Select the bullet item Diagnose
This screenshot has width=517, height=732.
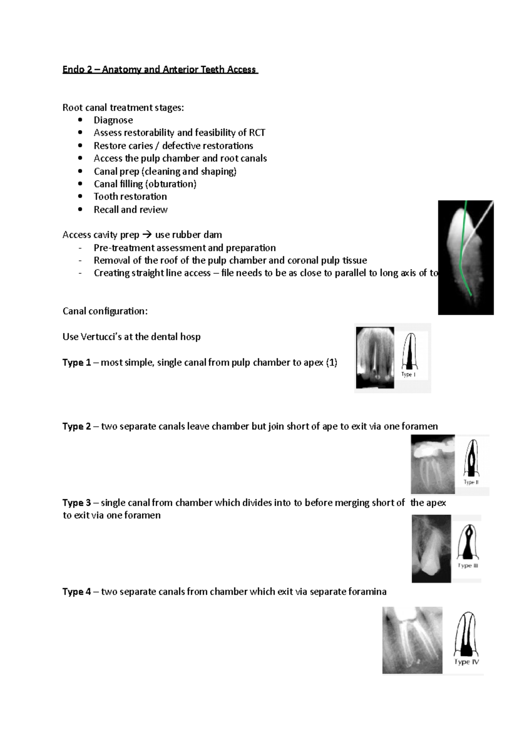pyautogui.click(x=113, y=120)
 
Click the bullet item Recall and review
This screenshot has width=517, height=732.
pyautogui.click(x=131, y=210)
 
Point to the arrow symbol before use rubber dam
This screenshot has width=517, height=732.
pyautogui.click(x=146, y=235)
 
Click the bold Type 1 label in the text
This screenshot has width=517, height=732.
pyautogui.click(x=77, y=363)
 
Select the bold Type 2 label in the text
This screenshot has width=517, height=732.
pyautogui.click(x=77, y=426)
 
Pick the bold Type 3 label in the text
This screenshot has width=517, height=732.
pyautogui.click(x=77, y=503)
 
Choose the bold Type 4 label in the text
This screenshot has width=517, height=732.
pyautogui.click(x=77, y=591)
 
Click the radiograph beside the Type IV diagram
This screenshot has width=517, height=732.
pyautogui.click(x=412, y=640)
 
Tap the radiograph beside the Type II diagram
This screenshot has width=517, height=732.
pyautogui.click(x=433, y=465)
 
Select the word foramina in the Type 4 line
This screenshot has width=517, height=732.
pyautogui.click(x=367, y=591)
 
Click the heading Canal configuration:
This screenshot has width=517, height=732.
pyautogui.click(x=105, y=311)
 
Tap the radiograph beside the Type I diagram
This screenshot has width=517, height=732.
pyautogui.click(x=375, y=358)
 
